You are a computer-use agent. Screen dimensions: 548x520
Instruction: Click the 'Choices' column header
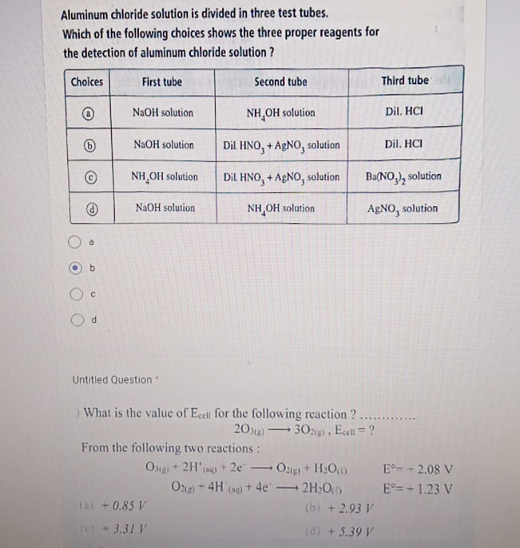87,81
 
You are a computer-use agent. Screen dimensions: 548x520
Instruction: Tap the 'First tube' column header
161,81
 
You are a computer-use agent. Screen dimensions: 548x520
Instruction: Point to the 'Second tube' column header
280,81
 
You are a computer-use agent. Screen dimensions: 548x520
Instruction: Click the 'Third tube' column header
405,81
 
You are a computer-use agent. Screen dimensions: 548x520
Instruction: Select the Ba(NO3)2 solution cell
403,177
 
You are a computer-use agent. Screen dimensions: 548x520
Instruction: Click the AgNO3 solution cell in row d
403,208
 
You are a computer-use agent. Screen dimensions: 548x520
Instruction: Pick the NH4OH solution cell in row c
165,177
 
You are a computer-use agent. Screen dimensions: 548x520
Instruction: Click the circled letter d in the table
93,209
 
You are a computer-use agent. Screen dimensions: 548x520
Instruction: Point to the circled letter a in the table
93,113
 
